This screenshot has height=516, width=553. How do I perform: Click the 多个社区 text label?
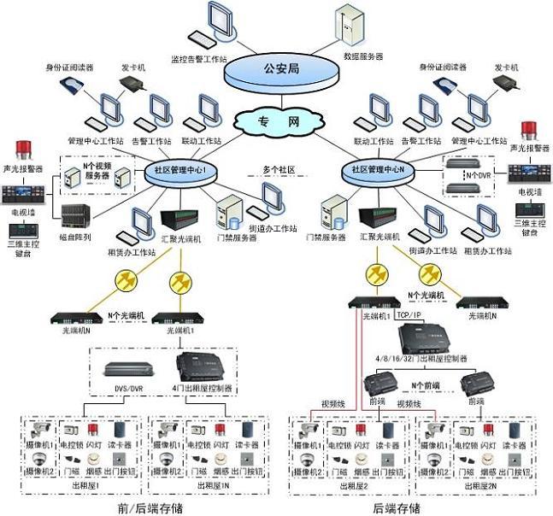tap(278, 170)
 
